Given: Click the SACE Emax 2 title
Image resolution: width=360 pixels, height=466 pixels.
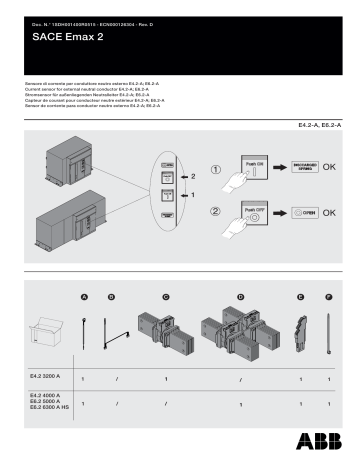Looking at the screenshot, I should pyautogui.click(x=61, y=33).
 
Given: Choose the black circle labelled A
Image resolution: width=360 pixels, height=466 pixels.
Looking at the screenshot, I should pyautogui.click(x=85, y=298).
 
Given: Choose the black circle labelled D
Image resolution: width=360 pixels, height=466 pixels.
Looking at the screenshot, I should pyautogui.click(x=240, y=298).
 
